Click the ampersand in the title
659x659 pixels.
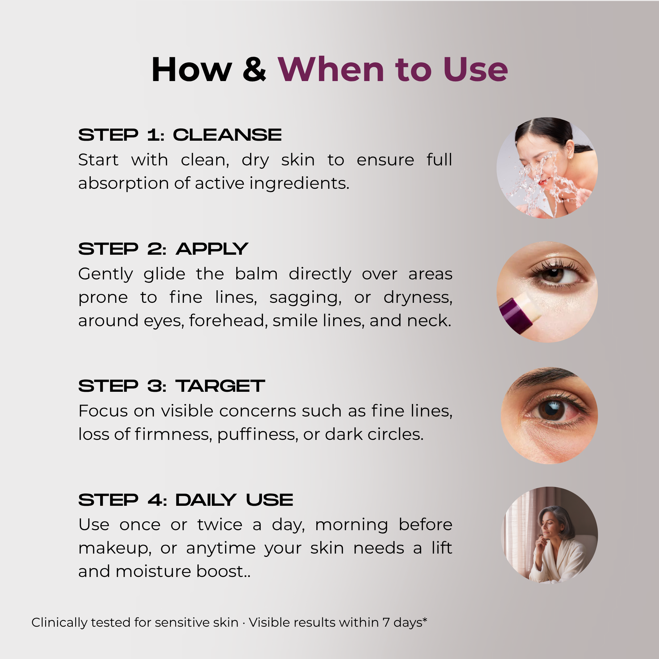click(254, 70)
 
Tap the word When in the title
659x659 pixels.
click(331, 70)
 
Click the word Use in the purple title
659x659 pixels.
click(475, 70)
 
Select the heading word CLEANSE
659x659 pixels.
click(227, 135)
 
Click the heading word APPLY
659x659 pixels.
click(212, 249)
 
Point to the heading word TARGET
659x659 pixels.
click(220, 386)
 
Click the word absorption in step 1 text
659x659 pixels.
click(124, 184)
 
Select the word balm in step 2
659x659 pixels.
click(256, 274)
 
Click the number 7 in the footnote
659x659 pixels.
click(386, 622)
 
